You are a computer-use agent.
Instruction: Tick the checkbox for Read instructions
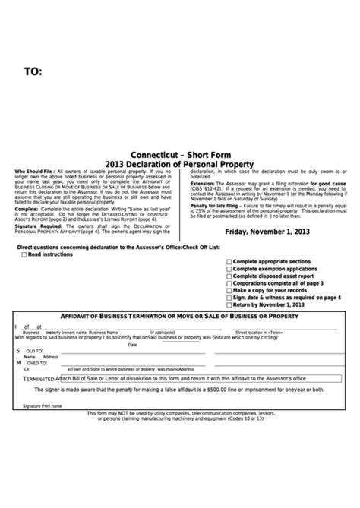pos(24,254)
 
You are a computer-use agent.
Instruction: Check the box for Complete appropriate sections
pos(229,260)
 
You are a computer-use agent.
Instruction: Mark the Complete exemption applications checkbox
pos(229,268)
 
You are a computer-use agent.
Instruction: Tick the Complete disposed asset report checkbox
pos(229,275)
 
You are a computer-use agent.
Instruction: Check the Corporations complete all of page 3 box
pos(229,282)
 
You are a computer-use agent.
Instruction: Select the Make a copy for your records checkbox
pos(229,290)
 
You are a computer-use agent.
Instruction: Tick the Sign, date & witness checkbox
pos(229,298)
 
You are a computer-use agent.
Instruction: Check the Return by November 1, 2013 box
pos(229,304)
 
